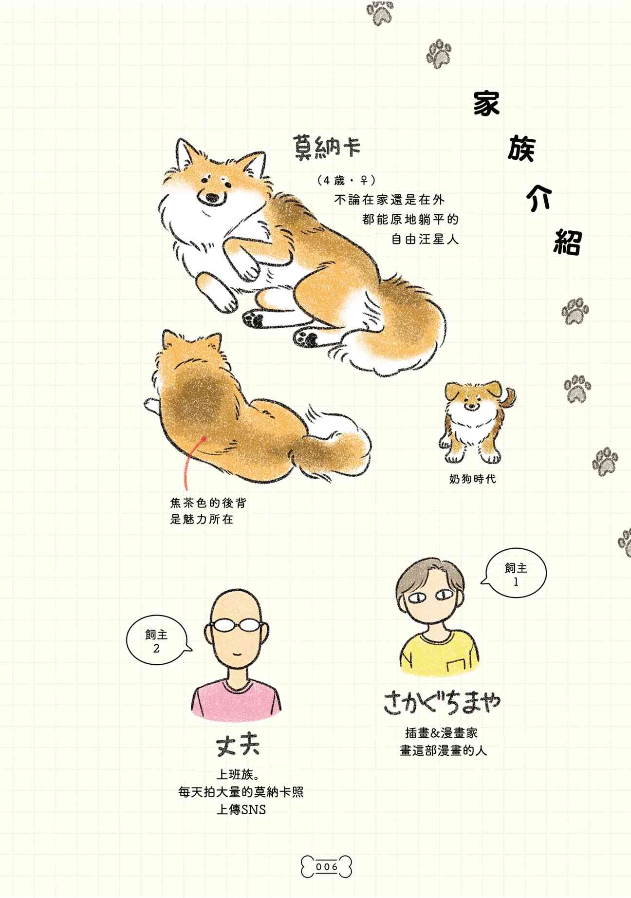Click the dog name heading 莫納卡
pos(326,146)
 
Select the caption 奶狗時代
pos(472,479)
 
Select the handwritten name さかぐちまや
pos(442,703)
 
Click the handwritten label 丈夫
pos(238,745)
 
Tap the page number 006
pos(326,867)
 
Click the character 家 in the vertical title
pos(486,103)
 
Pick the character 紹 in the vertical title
pos(568,242)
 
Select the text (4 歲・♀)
pos(346,181)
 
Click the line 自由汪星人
pos(425,239)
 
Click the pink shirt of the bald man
pos(236,701)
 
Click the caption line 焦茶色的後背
pos(208,503)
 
